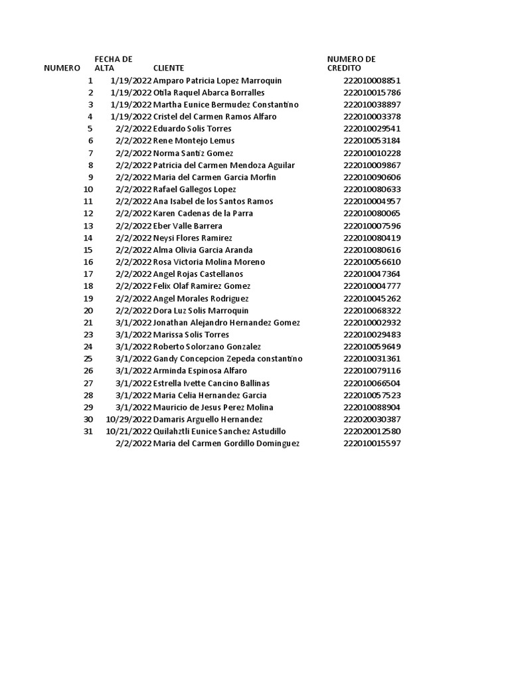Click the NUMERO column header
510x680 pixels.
tap(62, 68)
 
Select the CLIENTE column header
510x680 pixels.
tap(169, 68)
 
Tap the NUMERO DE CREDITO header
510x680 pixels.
tap(351, 64)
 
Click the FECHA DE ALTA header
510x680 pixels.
tap(114, 64)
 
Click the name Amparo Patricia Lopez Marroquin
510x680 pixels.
tap(217, 80)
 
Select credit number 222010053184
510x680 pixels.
tap(372, 141)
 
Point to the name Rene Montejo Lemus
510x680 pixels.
tap(193, 141)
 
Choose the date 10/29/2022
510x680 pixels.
tap(129, 420)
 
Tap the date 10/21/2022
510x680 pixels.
tap(129, 432)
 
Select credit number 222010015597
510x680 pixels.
tap(372, 444)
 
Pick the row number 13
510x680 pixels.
tap(88, 226)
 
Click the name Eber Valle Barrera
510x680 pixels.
tap(187, 226)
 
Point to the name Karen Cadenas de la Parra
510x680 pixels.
tap(203, 214)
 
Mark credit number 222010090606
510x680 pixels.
tap(372, 177)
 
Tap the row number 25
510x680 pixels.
tap(88, 359)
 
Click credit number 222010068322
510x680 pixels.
tap(372, 311)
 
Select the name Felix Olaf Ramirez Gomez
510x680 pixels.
tap(201, 286)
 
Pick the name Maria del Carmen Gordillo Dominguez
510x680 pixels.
tap(226, 444)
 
